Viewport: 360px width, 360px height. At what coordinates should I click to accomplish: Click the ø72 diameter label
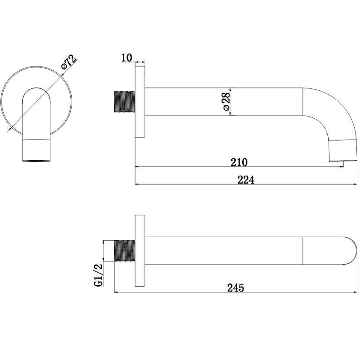69,62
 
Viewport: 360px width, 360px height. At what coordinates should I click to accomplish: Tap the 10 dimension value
127,58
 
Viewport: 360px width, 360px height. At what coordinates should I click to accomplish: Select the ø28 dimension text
226,102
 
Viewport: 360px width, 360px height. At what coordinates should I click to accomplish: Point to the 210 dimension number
239,162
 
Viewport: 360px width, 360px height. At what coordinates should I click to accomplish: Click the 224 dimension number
246,180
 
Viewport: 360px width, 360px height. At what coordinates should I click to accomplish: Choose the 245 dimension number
236,287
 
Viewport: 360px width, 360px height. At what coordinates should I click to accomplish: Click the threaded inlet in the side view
124,102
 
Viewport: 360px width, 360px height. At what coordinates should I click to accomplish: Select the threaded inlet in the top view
124,251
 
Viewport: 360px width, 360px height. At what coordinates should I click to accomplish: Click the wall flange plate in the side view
140,102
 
